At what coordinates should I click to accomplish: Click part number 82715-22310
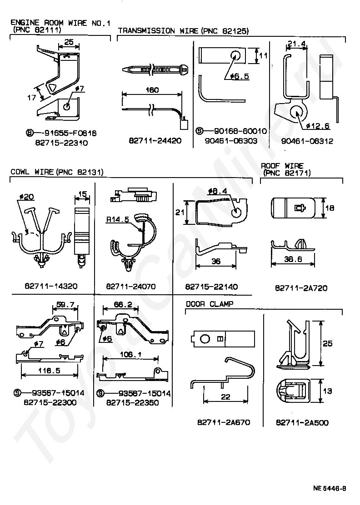coord(61,143)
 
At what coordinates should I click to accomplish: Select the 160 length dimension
coord(152,90)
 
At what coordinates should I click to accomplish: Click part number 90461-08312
coord(307,141)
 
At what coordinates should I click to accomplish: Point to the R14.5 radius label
coord(118,220)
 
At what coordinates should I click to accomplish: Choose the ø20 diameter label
coord(27,197)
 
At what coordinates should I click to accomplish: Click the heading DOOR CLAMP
coord(210,304)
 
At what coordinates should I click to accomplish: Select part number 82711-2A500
coord(302,422)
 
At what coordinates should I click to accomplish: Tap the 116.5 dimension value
coord(49,371)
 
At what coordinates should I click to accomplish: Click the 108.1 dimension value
coord(130,354)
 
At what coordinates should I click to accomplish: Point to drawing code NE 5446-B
coord(330,488)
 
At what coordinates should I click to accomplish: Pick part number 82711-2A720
coord(301,288)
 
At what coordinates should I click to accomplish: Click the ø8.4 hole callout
coord(218,191)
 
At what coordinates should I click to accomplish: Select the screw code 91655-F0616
coord(70,133)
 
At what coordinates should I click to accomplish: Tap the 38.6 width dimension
coord(293,259)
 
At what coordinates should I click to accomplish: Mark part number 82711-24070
coord(131,286)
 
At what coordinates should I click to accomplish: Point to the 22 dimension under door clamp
coord(225,396)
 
